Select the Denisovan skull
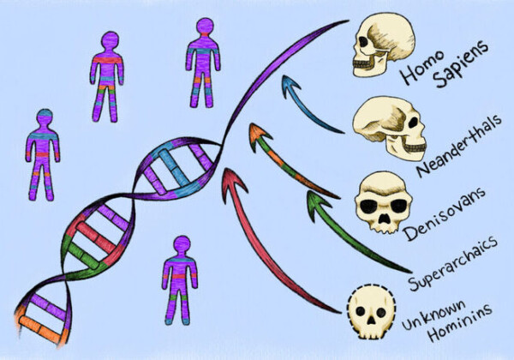tap(383, 201)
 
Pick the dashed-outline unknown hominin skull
tap(371, 311)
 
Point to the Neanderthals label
tap(459, 145)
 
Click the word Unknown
tap(433, 315)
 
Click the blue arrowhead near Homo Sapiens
tap(290, 86)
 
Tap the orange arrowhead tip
tap(252, 123)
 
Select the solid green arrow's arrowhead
tap(316, 203)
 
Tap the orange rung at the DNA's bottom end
tap(39, 327)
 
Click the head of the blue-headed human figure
tap(45, 117)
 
